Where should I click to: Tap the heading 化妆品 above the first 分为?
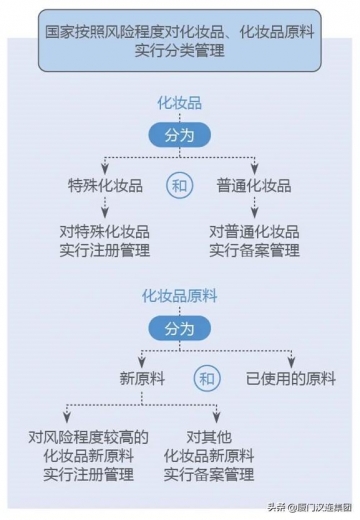[x=180, y=103]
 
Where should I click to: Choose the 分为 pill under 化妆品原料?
[x=180, y=327]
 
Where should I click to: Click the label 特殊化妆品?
[x=105, y=186]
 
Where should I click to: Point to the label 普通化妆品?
[x=254, y=186]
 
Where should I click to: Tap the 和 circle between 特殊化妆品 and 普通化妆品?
[x=180, y=186]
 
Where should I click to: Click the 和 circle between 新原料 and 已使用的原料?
[x=207, y=379]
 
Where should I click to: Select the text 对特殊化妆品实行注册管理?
[x=105, y=240]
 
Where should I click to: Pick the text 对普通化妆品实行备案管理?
[x=254, y=240]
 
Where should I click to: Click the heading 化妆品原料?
[x=180, y=296]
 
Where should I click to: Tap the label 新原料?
[x=143, y=379]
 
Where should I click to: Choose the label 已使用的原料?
[x=292, y=379]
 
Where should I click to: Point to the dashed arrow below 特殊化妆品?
[x=105, y=209]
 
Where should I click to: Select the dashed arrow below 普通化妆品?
[x=254, y=209]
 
